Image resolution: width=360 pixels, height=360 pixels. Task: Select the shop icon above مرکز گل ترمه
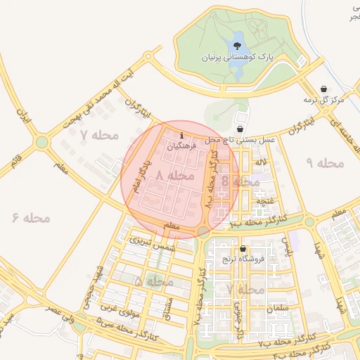click(323, 89)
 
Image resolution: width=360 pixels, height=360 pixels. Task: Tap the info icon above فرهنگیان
click(182, 135)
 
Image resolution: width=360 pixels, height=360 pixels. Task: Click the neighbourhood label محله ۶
click(32, 217)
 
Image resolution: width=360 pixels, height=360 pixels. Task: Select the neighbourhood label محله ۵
click(153, 281)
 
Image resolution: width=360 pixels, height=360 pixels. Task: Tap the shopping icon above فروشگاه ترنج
click(243, 249)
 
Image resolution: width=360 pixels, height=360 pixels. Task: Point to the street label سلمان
click(278, 309)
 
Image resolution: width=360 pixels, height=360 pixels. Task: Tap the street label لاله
click(262, 162)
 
